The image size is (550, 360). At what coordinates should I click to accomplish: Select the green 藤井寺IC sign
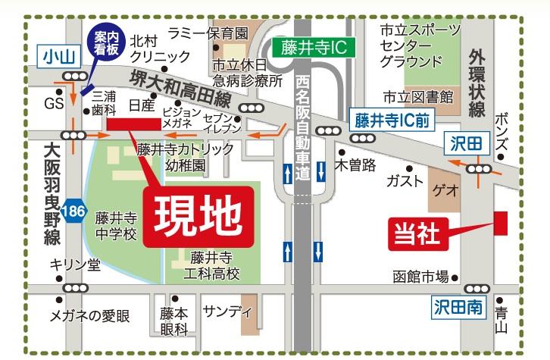pyautogui.click(x=313, y=48)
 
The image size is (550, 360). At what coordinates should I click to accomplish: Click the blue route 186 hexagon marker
pyautogui.click(x=73, y=207)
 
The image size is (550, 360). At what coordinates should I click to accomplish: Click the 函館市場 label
pyautogui.click(x=420, y=276)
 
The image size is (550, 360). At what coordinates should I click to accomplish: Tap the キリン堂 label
pyautogui.click(x=74, y=265)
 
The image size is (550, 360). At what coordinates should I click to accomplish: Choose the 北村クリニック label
pyautogui.click(x=160, y=49)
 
